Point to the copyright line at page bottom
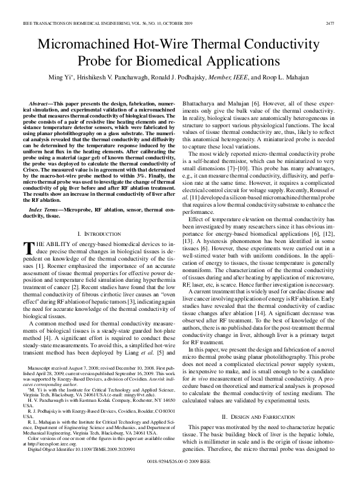tap(180, 460)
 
